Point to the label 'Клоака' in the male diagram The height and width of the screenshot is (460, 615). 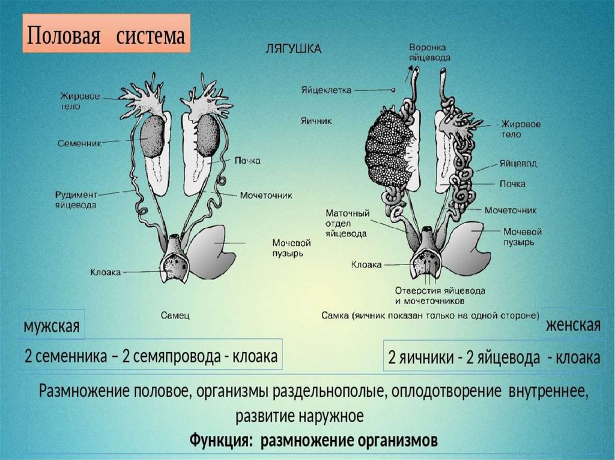(x=106, y=272)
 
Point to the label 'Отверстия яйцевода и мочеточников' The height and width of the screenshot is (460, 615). (x=440, y=294)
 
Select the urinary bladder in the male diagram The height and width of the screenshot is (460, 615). (x=213, y=249)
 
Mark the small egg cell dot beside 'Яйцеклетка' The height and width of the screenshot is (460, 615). (x=393, y=91)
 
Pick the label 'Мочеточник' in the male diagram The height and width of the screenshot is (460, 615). (x=265, y=196)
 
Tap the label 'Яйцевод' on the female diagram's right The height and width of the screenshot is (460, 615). (x=517, y=163)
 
